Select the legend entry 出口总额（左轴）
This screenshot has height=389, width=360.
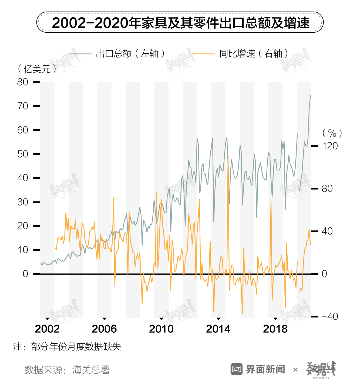point(117,54)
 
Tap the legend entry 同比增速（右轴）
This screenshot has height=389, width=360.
point(240,54)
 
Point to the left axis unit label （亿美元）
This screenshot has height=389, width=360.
point(37,69)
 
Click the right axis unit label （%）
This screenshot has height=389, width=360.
point(332,133)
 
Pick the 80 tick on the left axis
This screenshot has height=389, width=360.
point(23,82)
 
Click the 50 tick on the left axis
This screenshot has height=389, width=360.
point(23,154)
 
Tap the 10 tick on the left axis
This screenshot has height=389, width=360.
point(23,250)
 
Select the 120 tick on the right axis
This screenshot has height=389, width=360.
point(330,146)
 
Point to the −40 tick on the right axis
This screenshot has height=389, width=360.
point(330,316)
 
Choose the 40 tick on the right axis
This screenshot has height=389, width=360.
point(327,231)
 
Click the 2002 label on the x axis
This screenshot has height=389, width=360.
point(47,329)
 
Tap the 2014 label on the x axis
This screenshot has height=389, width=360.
point(218,329)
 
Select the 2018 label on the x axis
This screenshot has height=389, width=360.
point(275,329)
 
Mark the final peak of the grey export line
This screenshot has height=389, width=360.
point(310,95)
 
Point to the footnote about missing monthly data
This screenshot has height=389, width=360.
point(67,347)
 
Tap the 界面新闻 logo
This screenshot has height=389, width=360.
point(258,369)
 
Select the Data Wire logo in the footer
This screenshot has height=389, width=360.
point(321,369)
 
